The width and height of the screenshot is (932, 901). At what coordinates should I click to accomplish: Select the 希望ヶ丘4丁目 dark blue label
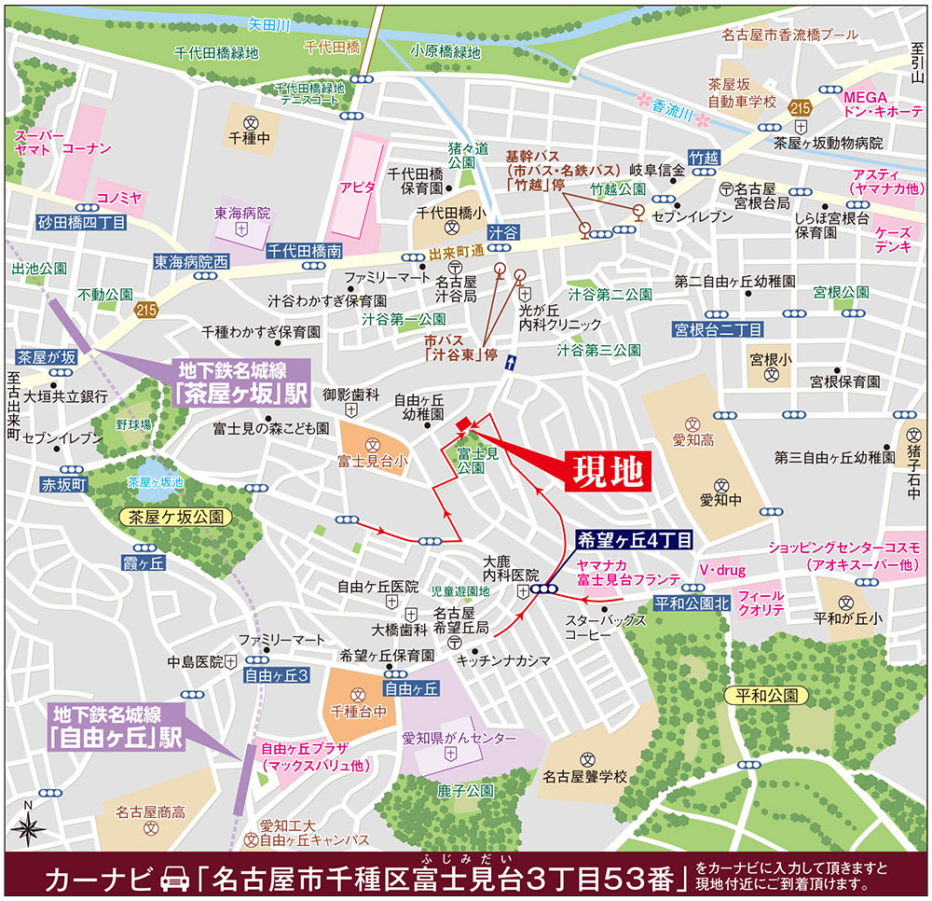click(634, 539)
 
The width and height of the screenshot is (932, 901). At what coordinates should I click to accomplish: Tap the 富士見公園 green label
click(478, 458)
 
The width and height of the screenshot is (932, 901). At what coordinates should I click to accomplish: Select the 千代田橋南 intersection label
click(305, 250)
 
